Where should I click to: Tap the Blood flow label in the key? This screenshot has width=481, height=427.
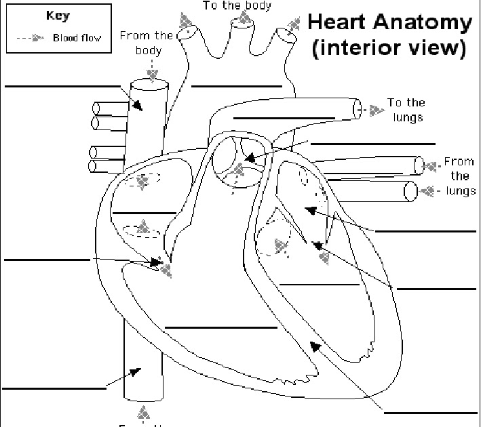[78, 38]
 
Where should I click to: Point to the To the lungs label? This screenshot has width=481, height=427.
[406, 110]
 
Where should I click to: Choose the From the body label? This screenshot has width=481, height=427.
[146, 43]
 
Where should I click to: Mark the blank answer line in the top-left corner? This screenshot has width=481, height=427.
[62, 87]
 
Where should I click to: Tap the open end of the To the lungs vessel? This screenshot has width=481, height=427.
[357, 108]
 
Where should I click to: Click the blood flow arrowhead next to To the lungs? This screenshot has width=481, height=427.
[375, 109]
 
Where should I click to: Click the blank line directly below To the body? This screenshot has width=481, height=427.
[236, 87]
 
